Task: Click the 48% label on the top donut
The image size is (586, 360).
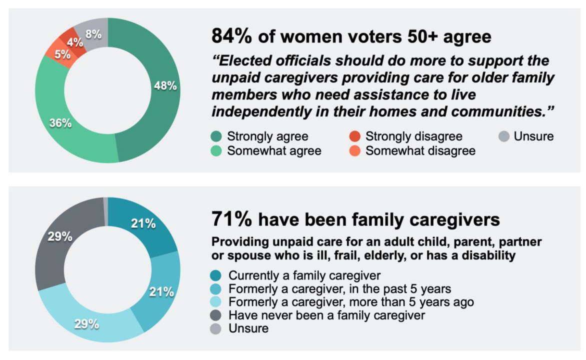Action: (x=165, y=86)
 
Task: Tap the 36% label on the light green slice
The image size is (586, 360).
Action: (x=60, y=123)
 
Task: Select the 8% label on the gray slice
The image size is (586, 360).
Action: (x=93, y=34)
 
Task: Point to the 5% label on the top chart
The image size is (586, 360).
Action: (x=62, y=54)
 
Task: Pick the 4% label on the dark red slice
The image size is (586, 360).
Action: (x=75, y=42)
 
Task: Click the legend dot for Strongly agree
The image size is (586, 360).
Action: (x=216, y=136)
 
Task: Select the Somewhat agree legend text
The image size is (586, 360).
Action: (x=274, y=150)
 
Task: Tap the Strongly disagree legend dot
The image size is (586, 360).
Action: (x=354, y=136)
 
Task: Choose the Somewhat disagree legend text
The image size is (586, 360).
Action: (x=420, y=150)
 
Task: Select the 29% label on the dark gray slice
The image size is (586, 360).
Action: (x=60, y=236)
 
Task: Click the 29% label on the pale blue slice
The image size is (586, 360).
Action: (x=86, y=324)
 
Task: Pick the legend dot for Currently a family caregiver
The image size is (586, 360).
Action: (x=216, y=275)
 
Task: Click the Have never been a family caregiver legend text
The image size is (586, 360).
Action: (x=326, y=315)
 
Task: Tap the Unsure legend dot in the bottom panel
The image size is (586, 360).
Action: (x=216, y=328)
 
